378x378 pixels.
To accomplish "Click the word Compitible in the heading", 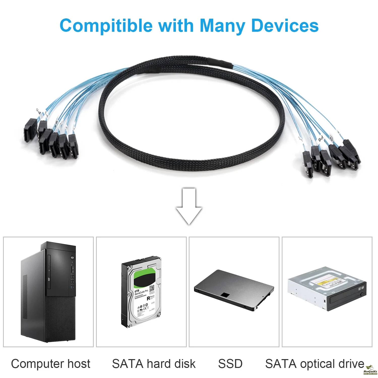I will click(106, 26).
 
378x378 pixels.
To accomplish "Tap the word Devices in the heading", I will click(285, 26).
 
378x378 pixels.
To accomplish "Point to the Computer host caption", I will click(51, 364).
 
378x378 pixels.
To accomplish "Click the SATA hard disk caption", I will click(154, 364).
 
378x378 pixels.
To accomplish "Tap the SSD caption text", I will click(230, 364).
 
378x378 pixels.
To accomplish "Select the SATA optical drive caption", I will click(315, 364).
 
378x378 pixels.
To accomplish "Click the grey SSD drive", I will click(234, 290).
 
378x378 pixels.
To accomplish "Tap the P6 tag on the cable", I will click(321, 139).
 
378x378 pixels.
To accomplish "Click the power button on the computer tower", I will click(72, 258).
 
